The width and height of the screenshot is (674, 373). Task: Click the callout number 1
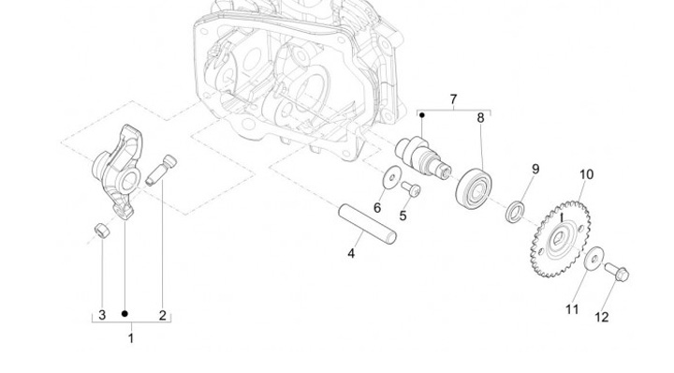131,338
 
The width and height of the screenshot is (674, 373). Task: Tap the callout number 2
163,315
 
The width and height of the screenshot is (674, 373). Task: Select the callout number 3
102,315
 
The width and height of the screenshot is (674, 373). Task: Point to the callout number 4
351,254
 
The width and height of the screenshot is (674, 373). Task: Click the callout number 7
453,99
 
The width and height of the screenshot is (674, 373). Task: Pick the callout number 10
586,174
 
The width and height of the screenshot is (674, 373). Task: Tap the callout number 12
602,317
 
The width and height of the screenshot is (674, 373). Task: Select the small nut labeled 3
102,231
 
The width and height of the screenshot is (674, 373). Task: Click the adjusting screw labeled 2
161,171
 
